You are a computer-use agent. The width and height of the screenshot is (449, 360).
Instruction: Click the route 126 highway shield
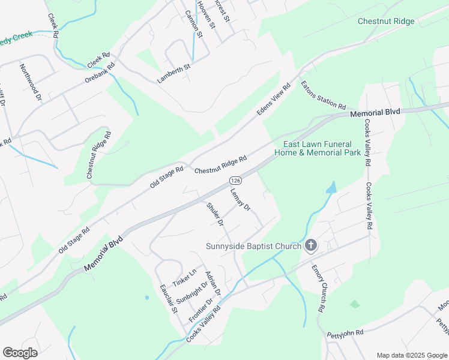point(235,181)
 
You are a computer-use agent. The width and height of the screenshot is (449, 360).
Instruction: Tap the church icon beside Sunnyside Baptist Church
point(311,245)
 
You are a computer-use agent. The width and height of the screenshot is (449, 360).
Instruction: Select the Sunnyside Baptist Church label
point(254,246)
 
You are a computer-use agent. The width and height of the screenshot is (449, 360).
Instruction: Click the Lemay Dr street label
point(240,199)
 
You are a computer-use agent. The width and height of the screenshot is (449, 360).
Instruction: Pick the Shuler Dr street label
point(215,215)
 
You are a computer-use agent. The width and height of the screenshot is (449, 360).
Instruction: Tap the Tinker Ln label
point(184,276)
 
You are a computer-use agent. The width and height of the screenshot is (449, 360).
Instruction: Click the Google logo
point(20,353)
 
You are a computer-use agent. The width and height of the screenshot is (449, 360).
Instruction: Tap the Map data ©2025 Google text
point(411,355)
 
